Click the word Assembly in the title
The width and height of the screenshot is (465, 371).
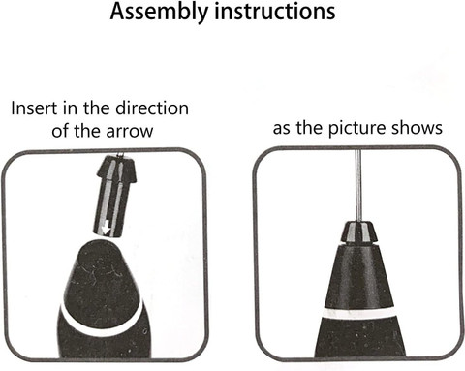(159, 13)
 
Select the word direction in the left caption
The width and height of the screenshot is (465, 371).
(152, 108)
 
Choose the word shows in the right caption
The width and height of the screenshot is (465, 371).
(417, 128)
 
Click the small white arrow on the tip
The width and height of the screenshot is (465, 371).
(106, 230)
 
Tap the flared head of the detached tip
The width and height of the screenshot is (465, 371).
(116, 168)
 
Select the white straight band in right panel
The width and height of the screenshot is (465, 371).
(358, 313)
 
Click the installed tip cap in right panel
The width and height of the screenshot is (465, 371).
(359, 232)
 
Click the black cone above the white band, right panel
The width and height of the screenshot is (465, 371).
(359, 276)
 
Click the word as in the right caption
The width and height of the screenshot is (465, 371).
(282, 130)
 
